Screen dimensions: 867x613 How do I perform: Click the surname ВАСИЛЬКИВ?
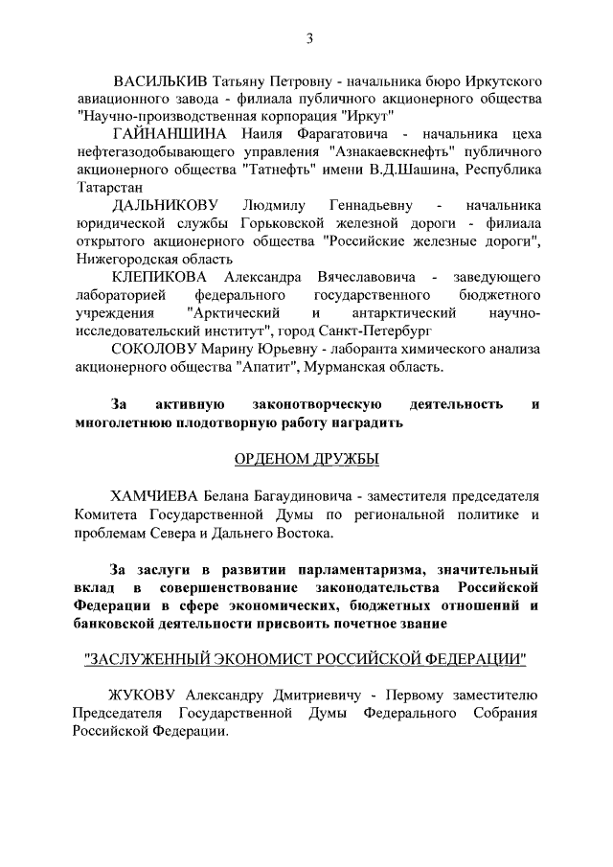pos(160,80)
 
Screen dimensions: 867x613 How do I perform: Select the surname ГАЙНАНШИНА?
pos(170,133)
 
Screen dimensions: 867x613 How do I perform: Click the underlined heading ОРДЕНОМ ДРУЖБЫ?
pos(306,460)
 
